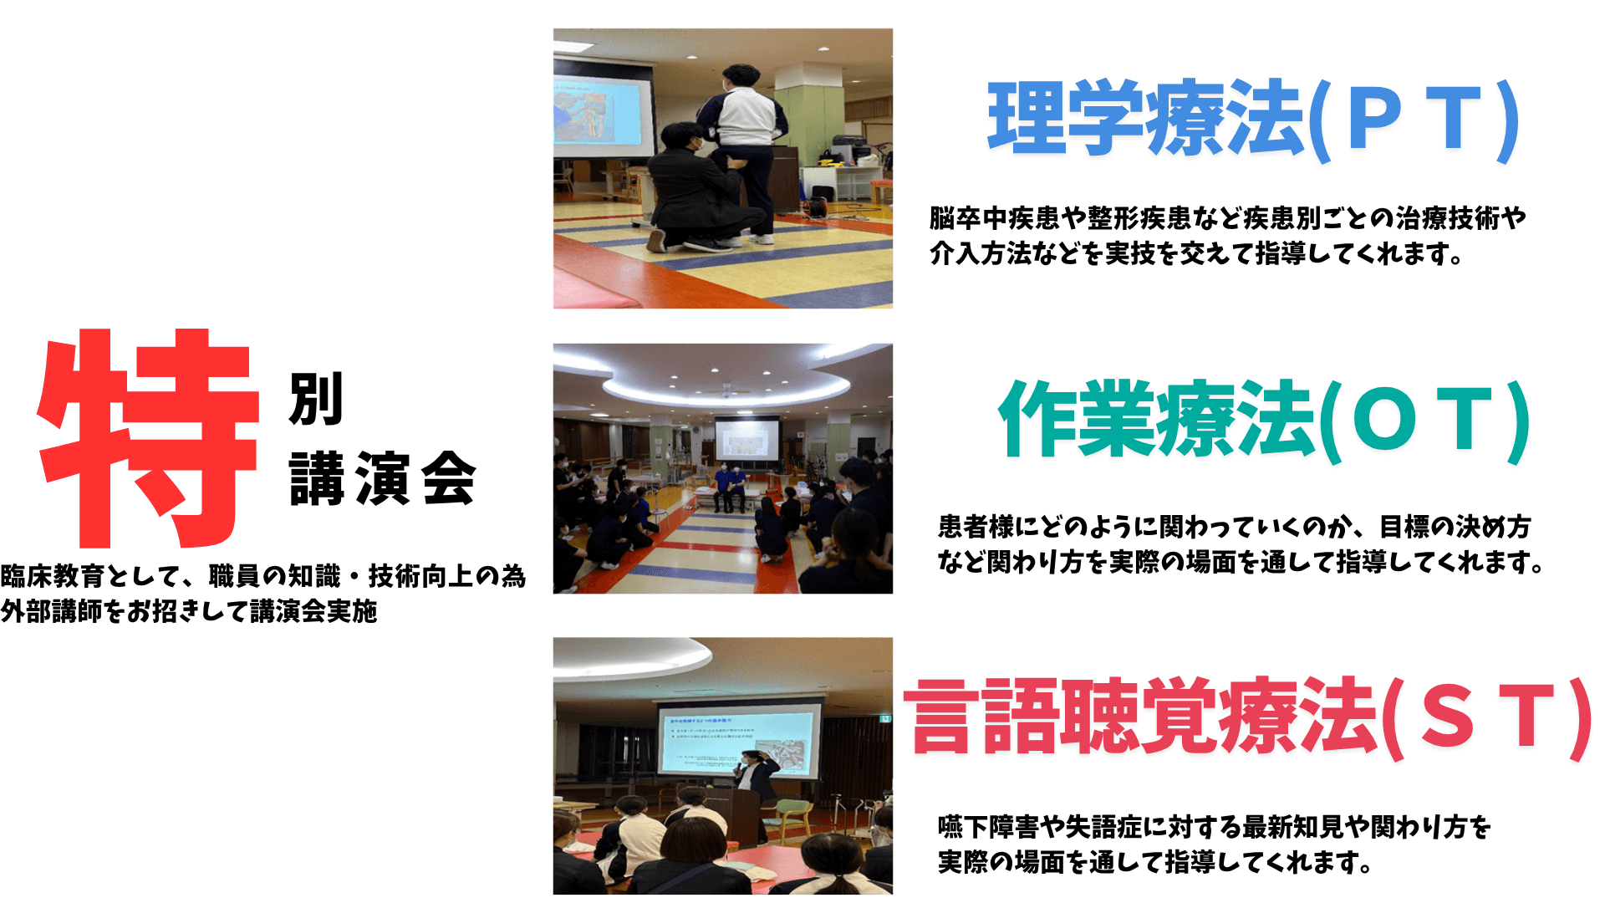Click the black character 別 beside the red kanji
pyautogui.click(x=317, y=399)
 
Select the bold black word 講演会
pyautogui.click(x=383, y=478)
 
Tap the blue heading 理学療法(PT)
pyautogui.click(x=1254, y=120)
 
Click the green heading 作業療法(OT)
pyautogui.click(x=1264, y=420)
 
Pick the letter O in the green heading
pyautogui.click(x=1386, y=417)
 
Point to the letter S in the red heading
pyautogui.click(x=1448, y=716)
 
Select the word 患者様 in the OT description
pyautogui.click(x=976, y=527)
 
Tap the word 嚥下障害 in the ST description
pyautogui.click(x=989, y=827)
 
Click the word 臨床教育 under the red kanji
pyautogui.click(x=53, y=576)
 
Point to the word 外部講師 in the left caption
pyautogui.click(x=52, y=611)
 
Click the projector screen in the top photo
pyautogui.click(x=604, y=109)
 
